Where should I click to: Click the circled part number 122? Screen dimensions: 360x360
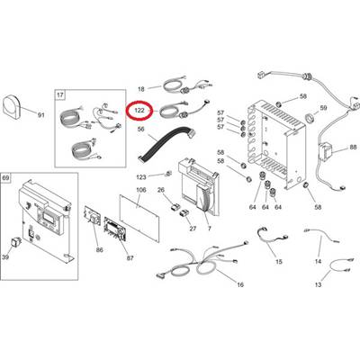[x=139, y=111]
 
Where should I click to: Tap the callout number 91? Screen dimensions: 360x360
[x=40, y=114]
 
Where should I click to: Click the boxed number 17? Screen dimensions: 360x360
[x=60, y=95]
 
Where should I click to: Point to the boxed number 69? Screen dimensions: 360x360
[x=6, y=178]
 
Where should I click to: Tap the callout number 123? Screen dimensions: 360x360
[x=141, y=177]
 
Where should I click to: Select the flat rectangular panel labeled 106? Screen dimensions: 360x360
[x=139, y=218]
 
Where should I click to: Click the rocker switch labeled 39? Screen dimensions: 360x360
[x=15, y=242]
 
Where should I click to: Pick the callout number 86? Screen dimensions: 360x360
[x=99, y=250]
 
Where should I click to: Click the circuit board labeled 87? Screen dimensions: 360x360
[x=115, y=229]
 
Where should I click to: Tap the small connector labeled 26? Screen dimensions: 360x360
[x=175, y=206]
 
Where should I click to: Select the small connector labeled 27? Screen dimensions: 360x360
[x=184, y=213]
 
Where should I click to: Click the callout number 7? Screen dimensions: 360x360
[x=209, y=229]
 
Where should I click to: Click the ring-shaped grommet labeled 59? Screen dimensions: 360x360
[x=310, y=117]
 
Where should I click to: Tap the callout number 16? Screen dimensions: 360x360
[x=240, y=284]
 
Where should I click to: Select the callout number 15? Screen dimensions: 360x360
[x=279, y=262]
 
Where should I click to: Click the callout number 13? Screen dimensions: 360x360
[x=318, y=284]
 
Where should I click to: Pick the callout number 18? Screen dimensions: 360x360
[x=141, y=89]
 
